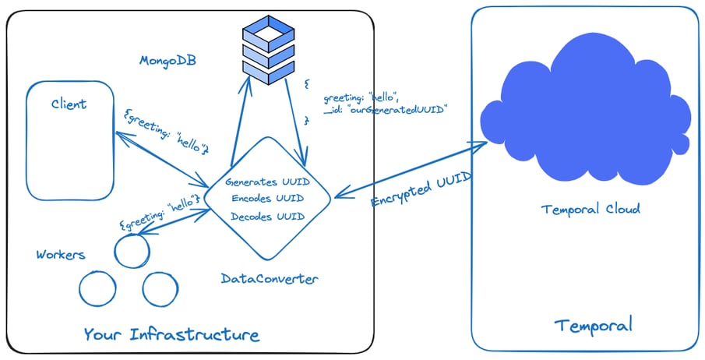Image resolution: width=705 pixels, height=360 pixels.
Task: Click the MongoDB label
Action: click(x=167, y=60)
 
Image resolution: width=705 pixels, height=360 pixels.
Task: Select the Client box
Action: click(x=69, y=141)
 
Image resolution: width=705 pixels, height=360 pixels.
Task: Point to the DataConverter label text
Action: click(x=269, y=278)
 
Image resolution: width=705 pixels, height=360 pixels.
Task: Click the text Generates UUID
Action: click(x=267, y=182)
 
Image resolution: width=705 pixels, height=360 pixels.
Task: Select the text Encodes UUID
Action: click(x=267, y=199)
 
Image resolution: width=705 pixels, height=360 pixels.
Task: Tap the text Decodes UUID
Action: click(x=267, y=216)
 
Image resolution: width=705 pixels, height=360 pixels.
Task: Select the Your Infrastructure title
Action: click(x=171, y=335)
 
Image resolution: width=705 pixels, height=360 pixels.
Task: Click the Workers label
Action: click(x=61, y=255)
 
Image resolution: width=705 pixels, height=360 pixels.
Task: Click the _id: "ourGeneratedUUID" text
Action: click(x=386, y=110)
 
